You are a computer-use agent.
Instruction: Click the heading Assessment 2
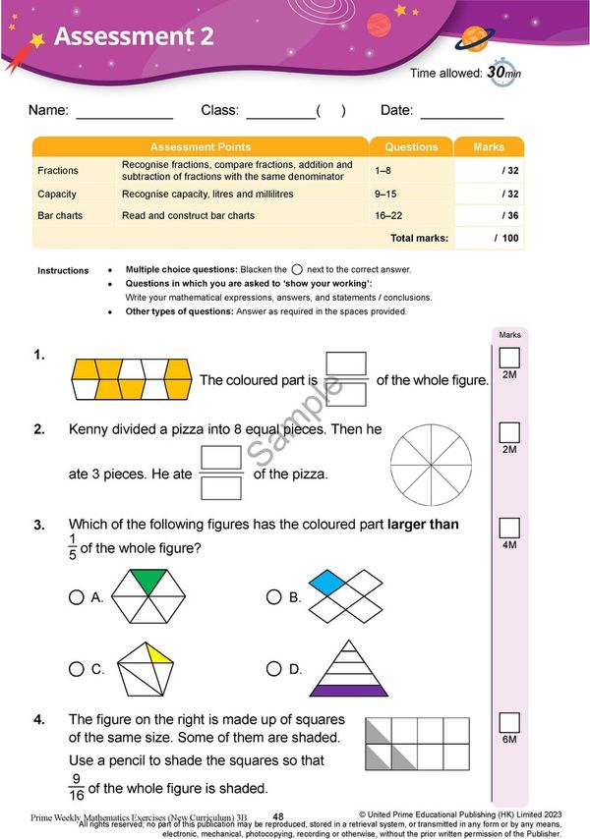tap(134, 37)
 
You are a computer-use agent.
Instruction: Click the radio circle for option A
tap(76, 596)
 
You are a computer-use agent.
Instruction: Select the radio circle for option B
tap(273, 596)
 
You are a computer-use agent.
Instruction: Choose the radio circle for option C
tap(76, 669)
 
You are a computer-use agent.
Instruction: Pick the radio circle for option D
tap(273, 669)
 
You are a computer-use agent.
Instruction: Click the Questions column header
tap(411, 146)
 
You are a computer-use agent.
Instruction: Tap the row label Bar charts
tap(60, 215)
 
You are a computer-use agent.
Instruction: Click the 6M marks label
tap(509, 739)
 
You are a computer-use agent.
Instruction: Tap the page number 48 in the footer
tap(278, 816)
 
